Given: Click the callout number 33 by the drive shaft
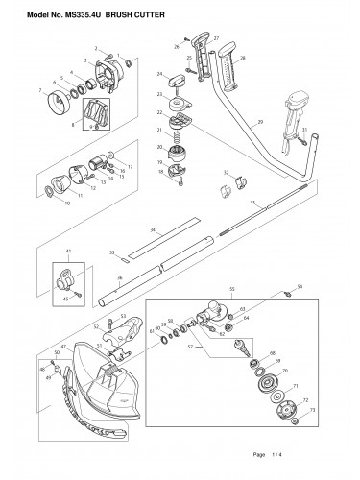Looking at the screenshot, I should coord(252,203).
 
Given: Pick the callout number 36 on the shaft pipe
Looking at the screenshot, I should coord(120,279).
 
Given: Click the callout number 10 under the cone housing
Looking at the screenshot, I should coord(65,203).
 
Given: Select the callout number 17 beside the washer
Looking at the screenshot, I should coord(131,166).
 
